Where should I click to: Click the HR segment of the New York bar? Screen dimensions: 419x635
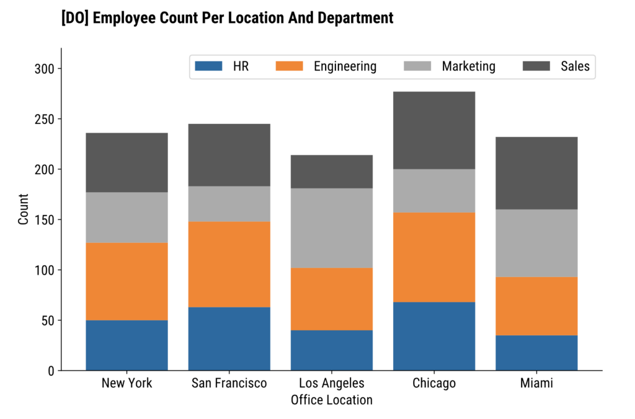click(x=127, y=345)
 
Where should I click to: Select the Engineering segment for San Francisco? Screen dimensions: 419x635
click(x=229, y=264)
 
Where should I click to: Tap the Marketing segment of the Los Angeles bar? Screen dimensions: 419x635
click(x=332, y=227)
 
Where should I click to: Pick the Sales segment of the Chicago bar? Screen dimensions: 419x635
click(x=434, y=130)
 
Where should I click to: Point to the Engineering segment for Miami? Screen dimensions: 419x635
click(x=536, y=306)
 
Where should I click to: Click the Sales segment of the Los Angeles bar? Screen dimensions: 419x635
click(x=332, y=172)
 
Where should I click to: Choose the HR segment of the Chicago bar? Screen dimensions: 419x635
click(x=434, y=336)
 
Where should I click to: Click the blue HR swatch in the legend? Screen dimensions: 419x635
click(x=208, y=66)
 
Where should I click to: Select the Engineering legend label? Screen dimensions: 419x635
click(x=345, y=66)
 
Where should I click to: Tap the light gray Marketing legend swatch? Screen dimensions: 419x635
click(x=417, y=66)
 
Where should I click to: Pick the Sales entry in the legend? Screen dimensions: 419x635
click(x=575, y=66)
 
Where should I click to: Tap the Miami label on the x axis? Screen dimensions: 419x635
click(x=536, y=384)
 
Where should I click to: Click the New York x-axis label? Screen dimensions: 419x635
click(x=127, y=384)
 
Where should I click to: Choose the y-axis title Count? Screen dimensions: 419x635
click(x=24, y=209)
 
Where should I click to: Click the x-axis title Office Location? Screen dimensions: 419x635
click(x=332, y=400)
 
